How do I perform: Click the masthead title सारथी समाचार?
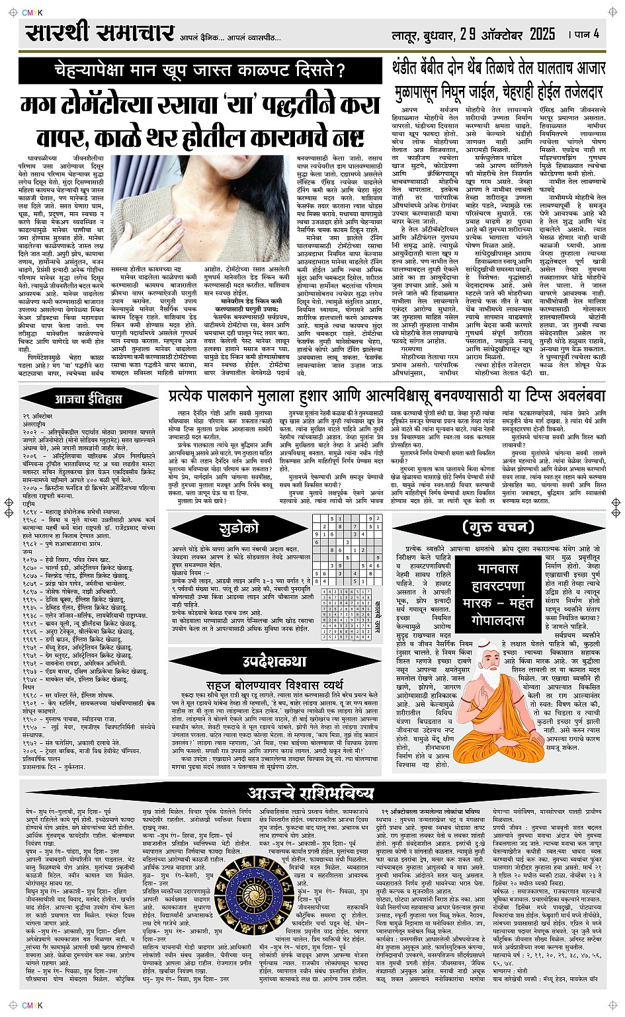click(x=99, y=33)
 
